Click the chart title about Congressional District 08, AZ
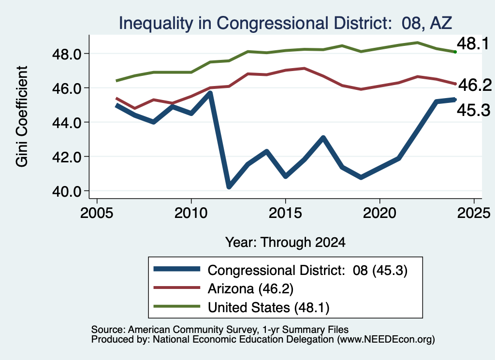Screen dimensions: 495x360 point(285,23)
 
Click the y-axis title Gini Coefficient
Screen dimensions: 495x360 point(22,116)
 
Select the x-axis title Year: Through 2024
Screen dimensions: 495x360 point(285,242)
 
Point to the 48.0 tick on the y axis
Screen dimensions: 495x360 point(67,54)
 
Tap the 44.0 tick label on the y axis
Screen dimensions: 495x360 point(67,123)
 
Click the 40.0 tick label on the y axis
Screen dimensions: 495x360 point(67,191)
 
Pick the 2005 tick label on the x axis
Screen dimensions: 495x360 point(97,213)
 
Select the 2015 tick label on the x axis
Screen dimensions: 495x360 point(285,213)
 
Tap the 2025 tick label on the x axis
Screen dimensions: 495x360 point(474,213)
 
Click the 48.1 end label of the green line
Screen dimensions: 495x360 point(473,43)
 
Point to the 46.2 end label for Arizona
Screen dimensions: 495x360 point(475,85)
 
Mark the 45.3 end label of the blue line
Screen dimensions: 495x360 point(474,110)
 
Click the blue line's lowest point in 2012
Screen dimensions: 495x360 point(229,187)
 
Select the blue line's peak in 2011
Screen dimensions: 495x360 point(210,93)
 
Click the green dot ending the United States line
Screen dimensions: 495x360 point(455,52)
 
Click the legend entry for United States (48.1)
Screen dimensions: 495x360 point(269,308)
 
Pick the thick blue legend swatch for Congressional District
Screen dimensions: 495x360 point(177,269)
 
